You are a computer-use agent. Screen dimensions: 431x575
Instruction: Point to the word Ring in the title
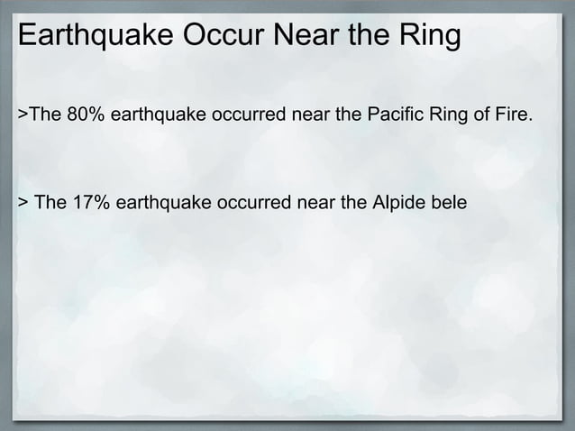[429, 39]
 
